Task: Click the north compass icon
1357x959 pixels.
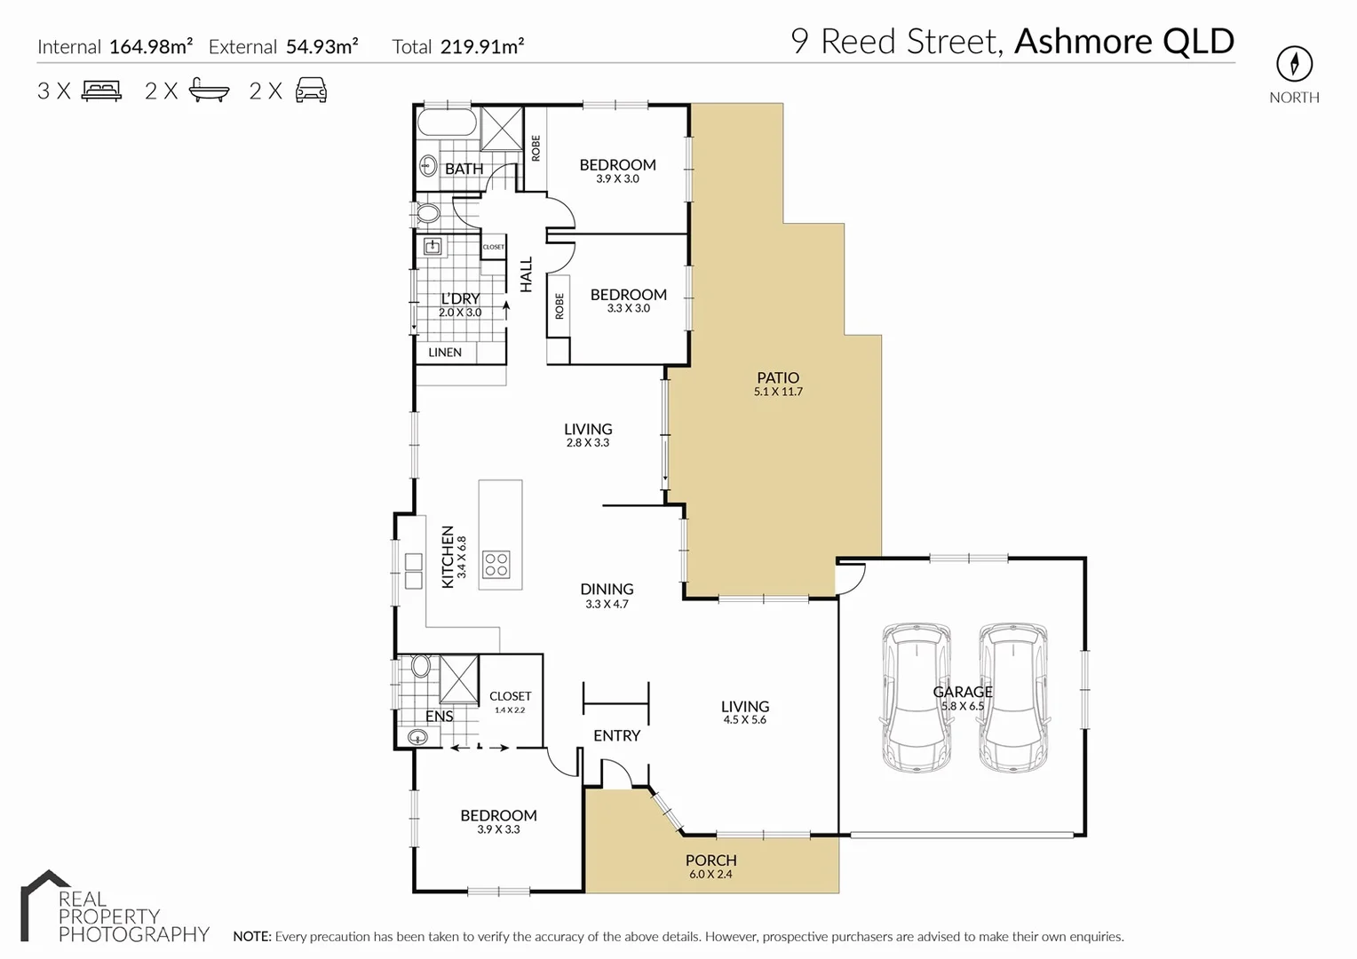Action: [x=1294, y=64]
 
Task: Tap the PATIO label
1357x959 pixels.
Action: [x=778, y=377]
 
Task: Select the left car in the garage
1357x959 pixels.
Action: [x=916, y=697]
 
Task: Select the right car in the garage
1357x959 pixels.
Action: [x=1012, y=697]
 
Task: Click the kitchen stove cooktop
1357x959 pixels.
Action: [x=496, y=565]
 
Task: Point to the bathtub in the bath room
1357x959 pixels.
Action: [x=447, y=123]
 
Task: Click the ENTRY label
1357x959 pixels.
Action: [x=616, y=735]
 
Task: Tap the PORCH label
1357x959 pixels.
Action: [x=710, y=860]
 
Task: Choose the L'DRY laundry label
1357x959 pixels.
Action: [x=460, y=299]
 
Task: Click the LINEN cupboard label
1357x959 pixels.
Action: [x=445, y=353]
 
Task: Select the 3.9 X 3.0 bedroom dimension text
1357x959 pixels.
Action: [x=617, y=179]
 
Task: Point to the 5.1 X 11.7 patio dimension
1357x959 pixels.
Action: [x=778, y=392]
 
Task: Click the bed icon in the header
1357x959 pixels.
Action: [x=101, y=91]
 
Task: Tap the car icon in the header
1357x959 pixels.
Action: [x=311, y=91]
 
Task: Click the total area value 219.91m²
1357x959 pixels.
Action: [x=482, y=47]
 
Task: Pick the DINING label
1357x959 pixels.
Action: [x=607, y=589]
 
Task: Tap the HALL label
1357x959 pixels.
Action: [x=526, y=274]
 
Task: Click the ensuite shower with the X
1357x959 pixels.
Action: [x=459, y=679]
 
